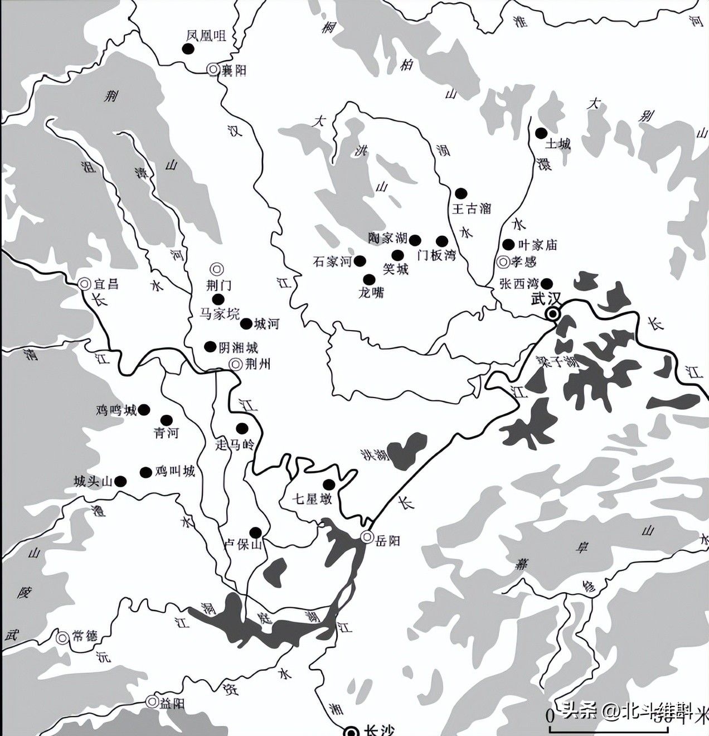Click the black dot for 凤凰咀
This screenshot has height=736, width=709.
pos(188,49)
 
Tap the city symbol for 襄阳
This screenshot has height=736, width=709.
pos(212,69)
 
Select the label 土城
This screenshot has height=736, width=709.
pos(557,144)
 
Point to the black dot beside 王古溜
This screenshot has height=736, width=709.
pos(460,193)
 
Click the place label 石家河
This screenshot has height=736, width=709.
pos(332,262)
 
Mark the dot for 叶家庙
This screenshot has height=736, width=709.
pos(508,245)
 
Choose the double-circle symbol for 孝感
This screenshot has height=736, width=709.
pos(503,262)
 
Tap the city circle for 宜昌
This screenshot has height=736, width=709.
pos(85,284)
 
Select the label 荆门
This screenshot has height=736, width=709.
pos(218,285)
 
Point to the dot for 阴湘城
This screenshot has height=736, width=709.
pos(210,347)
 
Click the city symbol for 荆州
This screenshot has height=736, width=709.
pos(235,365)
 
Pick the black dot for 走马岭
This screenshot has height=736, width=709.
pos(242,428)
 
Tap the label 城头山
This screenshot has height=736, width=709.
pos(93,482)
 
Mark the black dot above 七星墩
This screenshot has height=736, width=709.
pos(329,484)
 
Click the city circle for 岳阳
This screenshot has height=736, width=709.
pos(367,537)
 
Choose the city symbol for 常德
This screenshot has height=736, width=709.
pos(62,637)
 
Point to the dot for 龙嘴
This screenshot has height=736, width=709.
pos(368,279)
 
